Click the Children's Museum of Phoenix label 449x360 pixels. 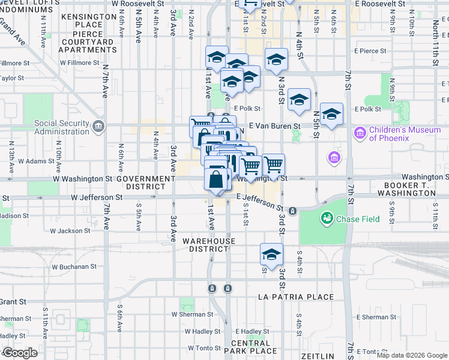tap(389, 134)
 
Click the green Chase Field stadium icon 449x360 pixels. tap(328, 219)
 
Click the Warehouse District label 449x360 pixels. tap(209, 245)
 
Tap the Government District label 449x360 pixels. tap(146, 183)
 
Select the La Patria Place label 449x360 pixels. tap(295, 297)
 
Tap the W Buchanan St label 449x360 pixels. tap(74, 266)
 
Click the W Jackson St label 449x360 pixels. tap(70, 230)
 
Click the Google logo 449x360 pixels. tap(20, 353)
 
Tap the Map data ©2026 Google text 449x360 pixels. tap(412, 355)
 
